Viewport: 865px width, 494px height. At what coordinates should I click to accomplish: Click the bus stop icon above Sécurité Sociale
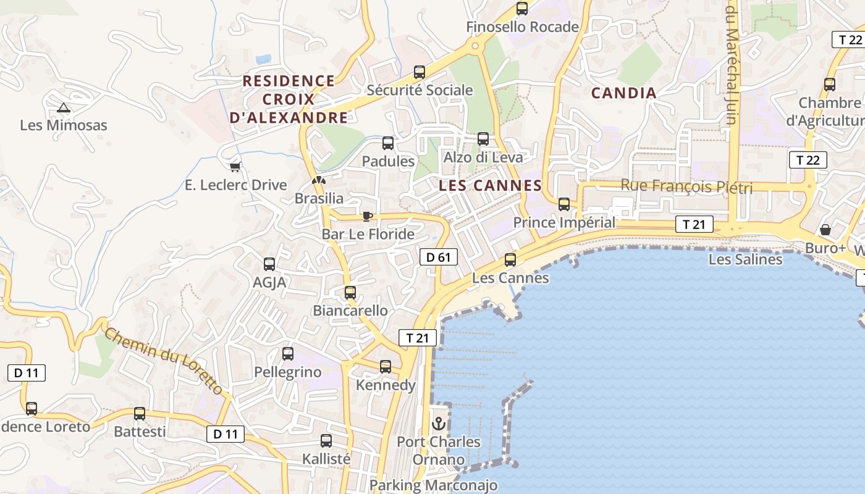click(x=420, y=72)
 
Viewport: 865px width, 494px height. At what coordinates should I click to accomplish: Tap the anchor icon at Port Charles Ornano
click(x=439, y=424)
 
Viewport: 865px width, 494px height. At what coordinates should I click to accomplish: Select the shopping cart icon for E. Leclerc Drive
click(x=235, y=167)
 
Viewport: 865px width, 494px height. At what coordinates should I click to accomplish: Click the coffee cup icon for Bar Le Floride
click(x=368, y=216)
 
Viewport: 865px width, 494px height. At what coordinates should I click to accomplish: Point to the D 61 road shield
click(x=439, y=257)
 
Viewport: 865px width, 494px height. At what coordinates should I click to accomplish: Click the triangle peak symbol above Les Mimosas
click(x=64, y=108)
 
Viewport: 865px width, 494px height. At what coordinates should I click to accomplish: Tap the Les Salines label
click(x=745, y=259)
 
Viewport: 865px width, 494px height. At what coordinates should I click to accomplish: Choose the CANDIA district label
click(x=623, y=93)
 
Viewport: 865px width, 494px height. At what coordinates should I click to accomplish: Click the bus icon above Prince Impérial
click(x=564, y=204)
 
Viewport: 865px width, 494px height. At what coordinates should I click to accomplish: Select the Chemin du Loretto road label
click(x=164, y=361)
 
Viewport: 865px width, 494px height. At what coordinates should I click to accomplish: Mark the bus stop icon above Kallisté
click(x=326, y=442)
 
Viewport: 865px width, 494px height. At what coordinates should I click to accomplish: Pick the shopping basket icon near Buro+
click(x=825, y=230)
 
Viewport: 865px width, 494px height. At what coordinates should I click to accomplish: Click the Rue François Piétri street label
click(x=686, y=186)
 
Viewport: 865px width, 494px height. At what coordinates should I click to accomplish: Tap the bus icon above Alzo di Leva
click(x=483, y=139)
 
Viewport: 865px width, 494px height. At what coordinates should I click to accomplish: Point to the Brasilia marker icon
click(x=319, y=181)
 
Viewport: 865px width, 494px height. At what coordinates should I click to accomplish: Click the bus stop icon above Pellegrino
click(x=288, y=354)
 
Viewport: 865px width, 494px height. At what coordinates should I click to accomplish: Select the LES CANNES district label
click(x=490, y=185)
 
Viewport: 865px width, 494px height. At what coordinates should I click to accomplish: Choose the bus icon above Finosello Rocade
click(x=522, y=9)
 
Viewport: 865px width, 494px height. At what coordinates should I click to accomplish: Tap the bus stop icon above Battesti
click(x=140, y=414)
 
